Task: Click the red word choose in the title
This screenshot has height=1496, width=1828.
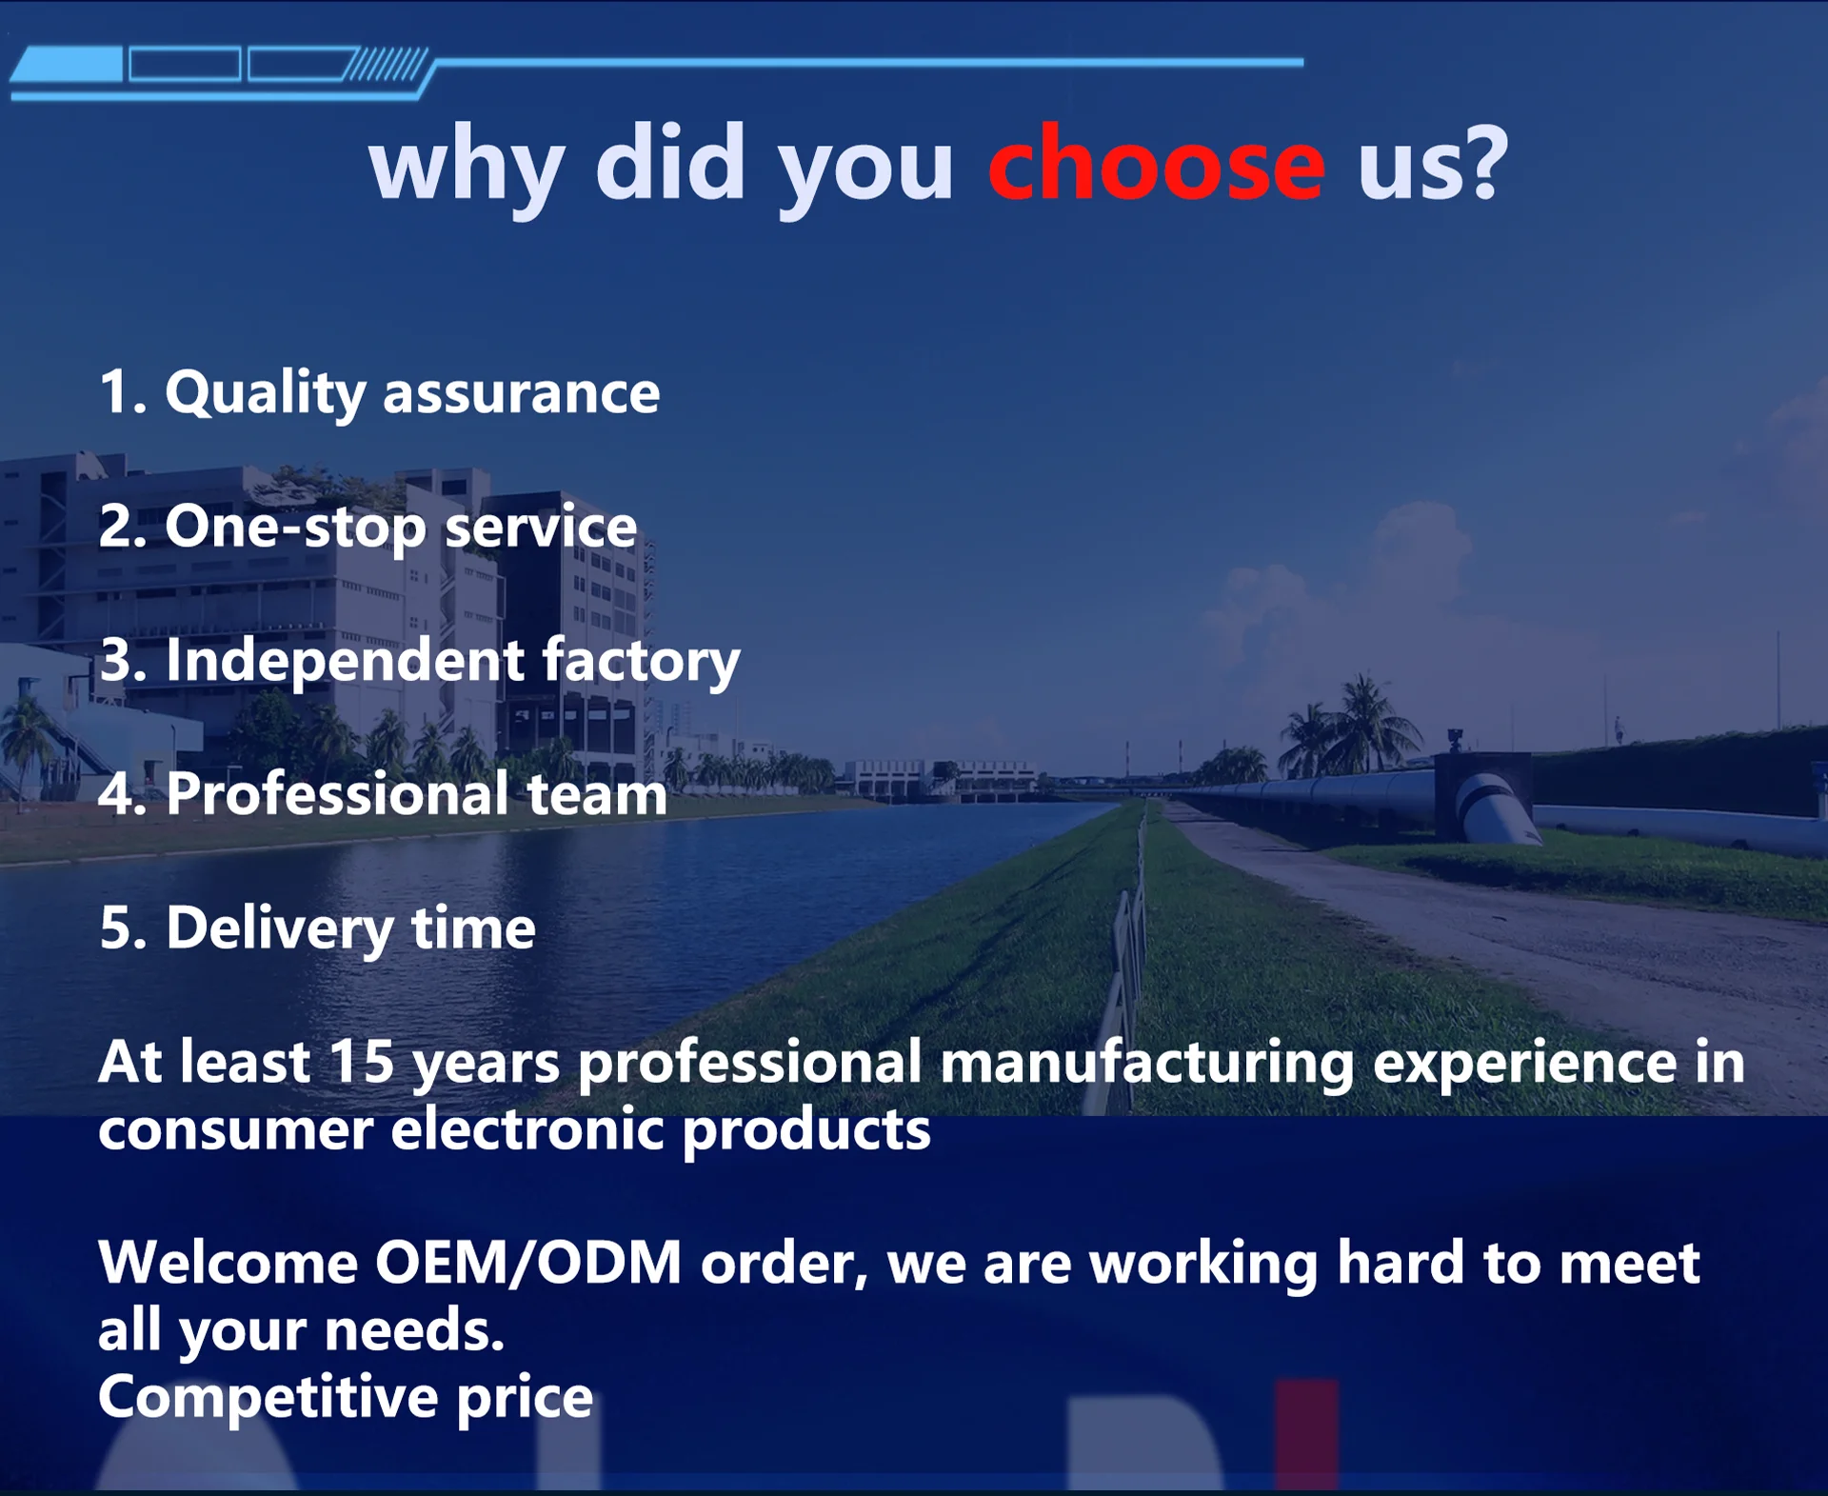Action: click(1156, 164)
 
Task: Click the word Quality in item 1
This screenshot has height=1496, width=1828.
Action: click(265, 394)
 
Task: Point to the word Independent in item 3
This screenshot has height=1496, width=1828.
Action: click(345, 660)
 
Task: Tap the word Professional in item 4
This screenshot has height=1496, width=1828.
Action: click(337, 793)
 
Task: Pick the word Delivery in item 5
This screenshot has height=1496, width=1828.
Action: click(279, 929)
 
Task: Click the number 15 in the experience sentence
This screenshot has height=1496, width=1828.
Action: click(362, 1062)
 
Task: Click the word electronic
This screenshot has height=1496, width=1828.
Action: click(527, 1130)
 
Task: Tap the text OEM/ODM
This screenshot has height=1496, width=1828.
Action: click(528, 1264)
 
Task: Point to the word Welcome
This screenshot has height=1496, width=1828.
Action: click(228, 1264)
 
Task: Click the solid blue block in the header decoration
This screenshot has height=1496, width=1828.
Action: click(67, 65)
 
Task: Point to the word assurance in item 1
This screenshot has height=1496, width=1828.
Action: click(521, 394)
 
